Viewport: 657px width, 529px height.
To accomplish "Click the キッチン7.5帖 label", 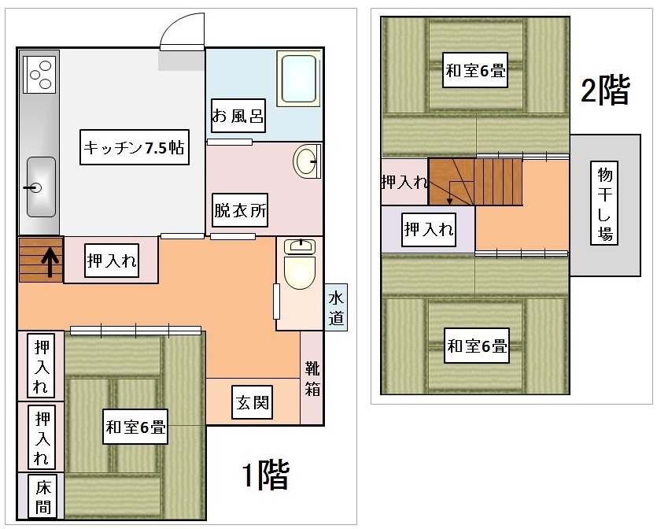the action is click(134, 147).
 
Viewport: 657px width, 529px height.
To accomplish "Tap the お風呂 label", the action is click(238, 116).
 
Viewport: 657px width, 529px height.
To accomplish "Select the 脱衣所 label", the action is click(240, 210).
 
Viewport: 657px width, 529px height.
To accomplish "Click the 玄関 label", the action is click(253, 402).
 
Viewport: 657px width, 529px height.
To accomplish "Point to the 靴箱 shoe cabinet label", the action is click(312, 379).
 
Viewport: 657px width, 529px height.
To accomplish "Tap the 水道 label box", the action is click(336, 307).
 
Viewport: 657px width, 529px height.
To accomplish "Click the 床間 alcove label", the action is click(42, 498).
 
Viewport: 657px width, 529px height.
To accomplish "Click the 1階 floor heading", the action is click(266, 475).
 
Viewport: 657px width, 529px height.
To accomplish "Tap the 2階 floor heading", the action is click(605, 89).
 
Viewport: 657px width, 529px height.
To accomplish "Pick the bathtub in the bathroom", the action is click(299, 80).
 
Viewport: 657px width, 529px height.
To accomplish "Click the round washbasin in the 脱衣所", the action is click(306, 161).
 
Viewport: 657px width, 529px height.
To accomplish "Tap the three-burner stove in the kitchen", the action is click(40, 74).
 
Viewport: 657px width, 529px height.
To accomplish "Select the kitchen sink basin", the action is click(41, 187).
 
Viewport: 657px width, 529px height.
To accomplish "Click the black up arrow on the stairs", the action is click(50, 262).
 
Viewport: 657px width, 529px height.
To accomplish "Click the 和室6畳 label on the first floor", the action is click(135, 427).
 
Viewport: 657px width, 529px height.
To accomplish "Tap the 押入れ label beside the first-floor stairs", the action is click(112, 261).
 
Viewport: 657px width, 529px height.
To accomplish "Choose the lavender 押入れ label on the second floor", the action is click(429, 230).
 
